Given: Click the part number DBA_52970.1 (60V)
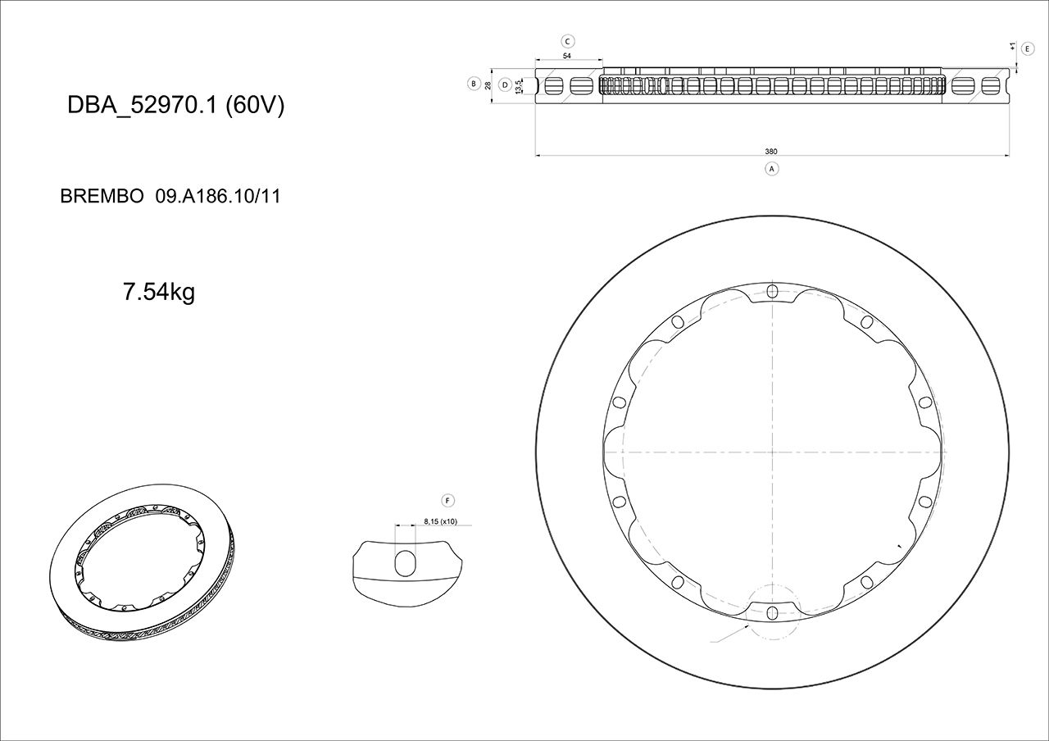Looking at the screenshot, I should pyautogui.click(x=175, y=106).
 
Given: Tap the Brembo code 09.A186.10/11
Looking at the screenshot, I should pyautogui.click(x=218, y=197).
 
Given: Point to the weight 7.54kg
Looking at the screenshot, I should pyautogui.click(x=158, y=292).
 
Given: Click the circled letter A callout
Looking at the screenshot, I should pyautogui.click(x=770, y=168).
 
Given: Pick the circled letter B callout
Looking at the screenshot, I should pyautogui.click(x=473, y=84).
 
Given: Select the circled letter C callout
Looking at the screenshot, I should pyautogui.click(x=567, y=41).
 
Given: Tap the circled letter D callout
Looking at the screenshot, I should pyautogui.click(x=505, y=84).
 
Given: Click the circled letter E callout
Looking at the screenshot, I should pyautogui.click(x=1028, y=48).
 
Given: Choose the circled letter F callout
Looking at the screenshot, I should pyautogui.click(x=447, y=500).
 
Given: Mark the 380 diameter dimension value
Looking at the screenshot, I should pyautogui.click(x=770, y=152).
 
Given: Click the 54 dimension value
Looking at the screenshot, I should pyautogui.click(x=567, y=56).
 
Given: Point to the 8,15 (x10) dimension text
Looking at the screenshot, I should pyautogui.click(x=440, y=521).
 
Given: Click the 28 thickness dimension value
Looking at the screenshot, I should pyautogui.click(x=488, y=84).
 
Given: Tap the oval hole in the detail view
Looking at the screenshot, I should pyautogui.click(x=406, y=563).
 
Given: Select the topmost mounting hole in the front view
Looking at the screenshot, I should pyautogui.click(x=772, y=291).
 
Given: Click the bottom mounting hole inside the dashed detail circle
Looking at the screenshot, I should pyautogui.click(x=772, y=612).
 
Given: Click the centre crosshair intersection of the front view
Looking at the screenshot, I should pyautogui.click(x=772, y=452).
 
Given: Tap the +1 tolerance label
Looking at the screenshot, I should pyautogui.click(x=1013, y=48).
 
